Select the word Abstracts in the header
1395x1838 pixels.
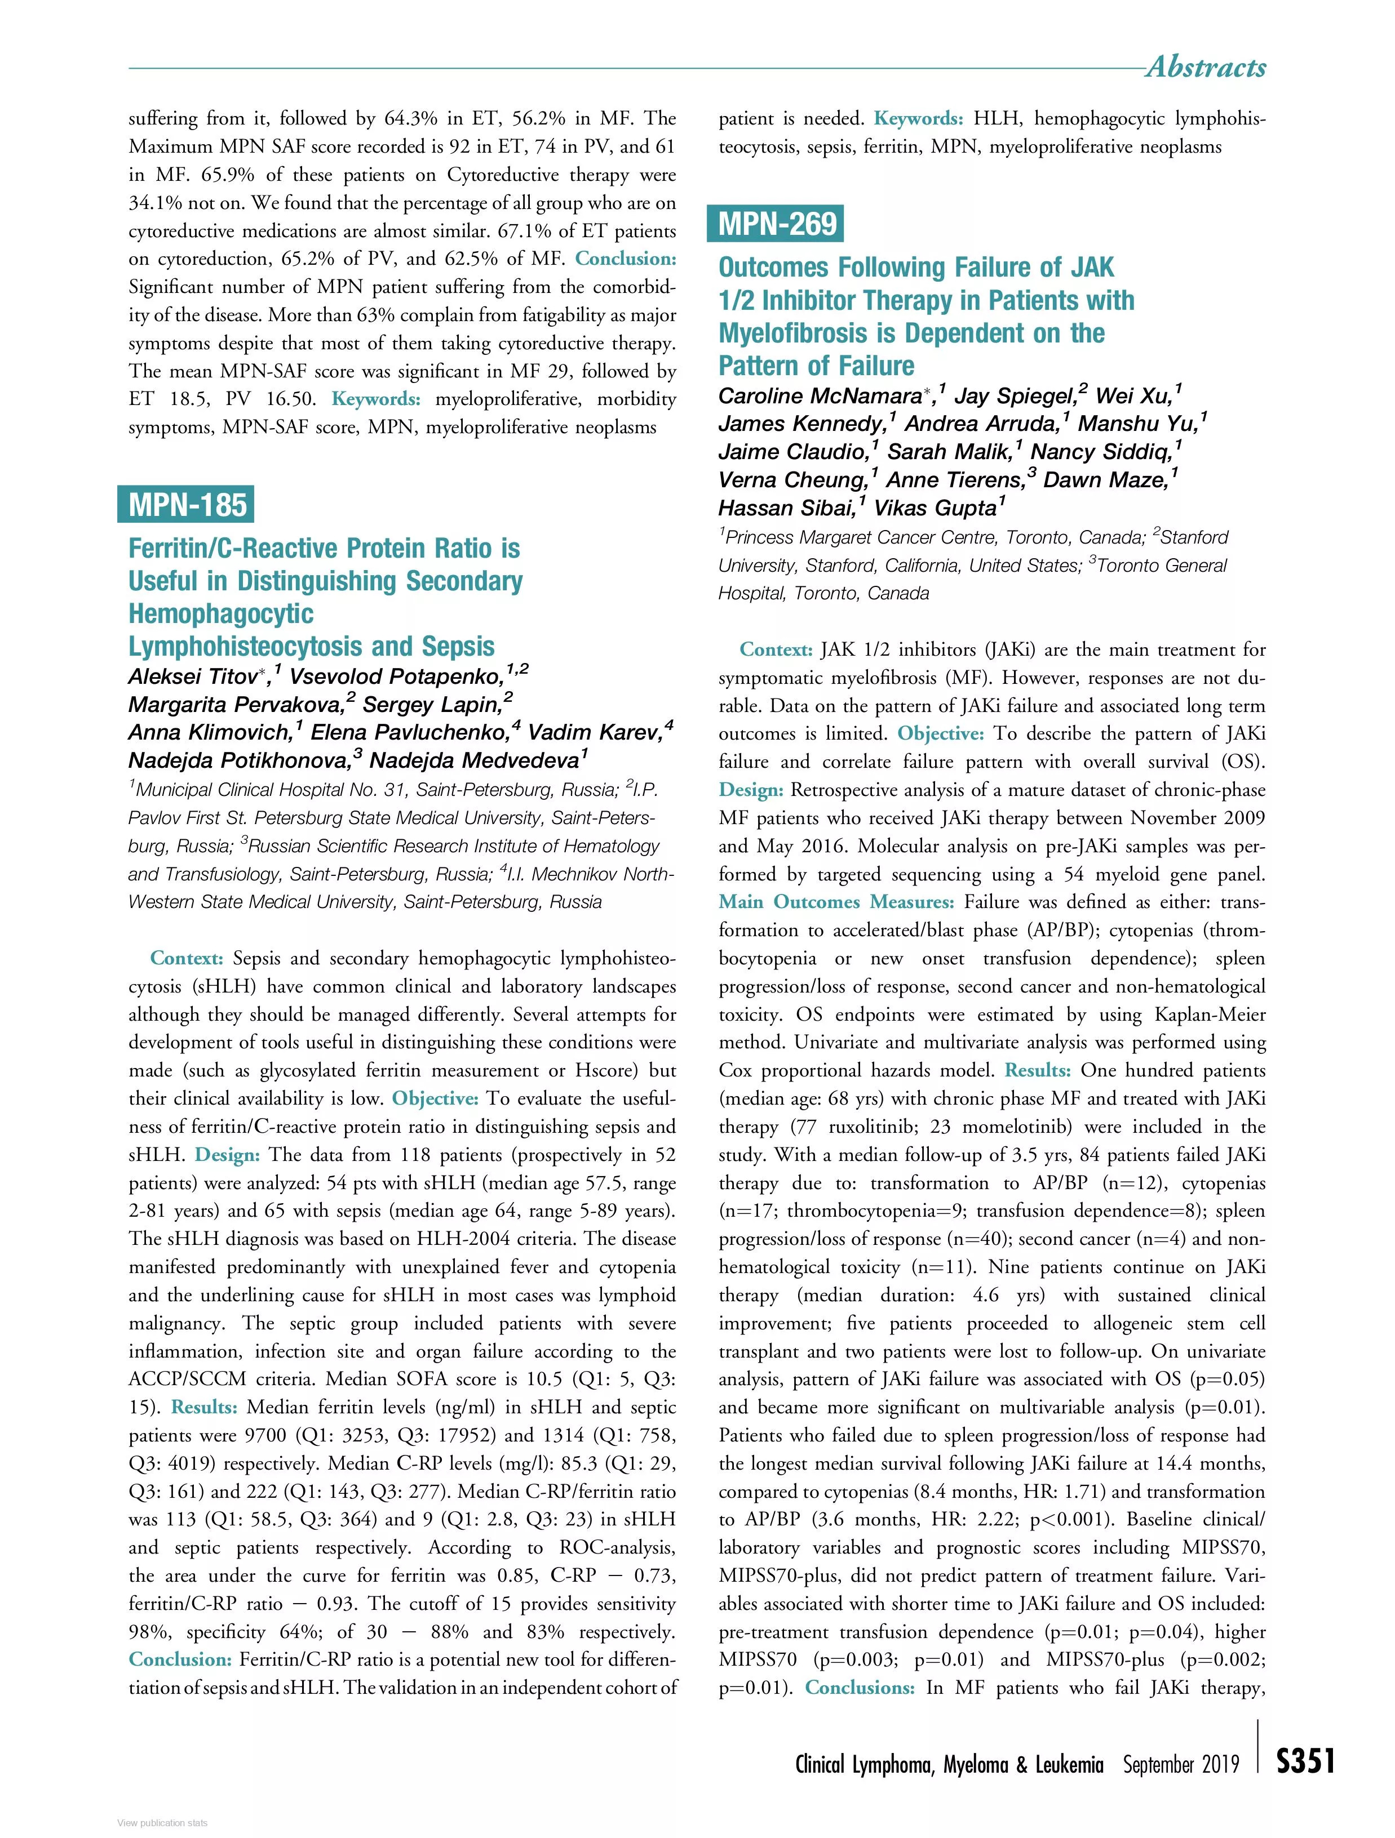point(1206,66)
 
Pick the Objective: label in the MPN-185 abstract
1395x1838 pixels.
point(435,1098)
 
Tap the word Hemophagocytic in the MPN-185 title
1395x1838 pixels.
point(220,614)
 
